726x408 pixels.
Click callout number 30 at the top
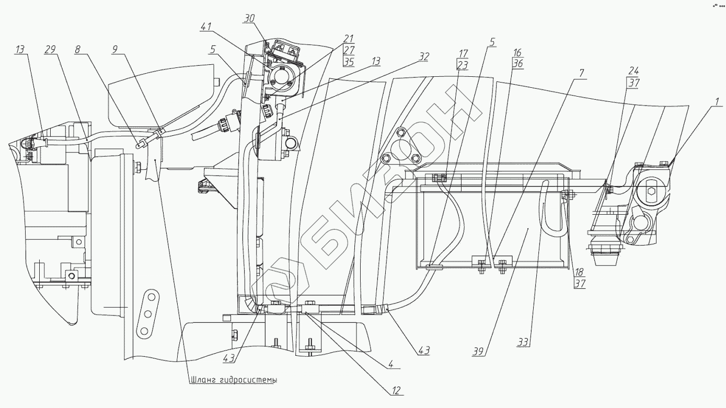(250, 17)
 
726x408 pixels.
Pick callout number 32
(424, 55)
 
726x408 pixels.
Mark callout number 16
(517, 53)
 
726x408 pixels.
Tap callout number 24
(633, 71)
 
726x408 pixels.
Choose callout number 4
(390, 365)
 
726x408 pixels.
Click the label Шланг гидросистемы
(233, 380)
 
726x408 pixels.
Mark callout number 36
(517, 65)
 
